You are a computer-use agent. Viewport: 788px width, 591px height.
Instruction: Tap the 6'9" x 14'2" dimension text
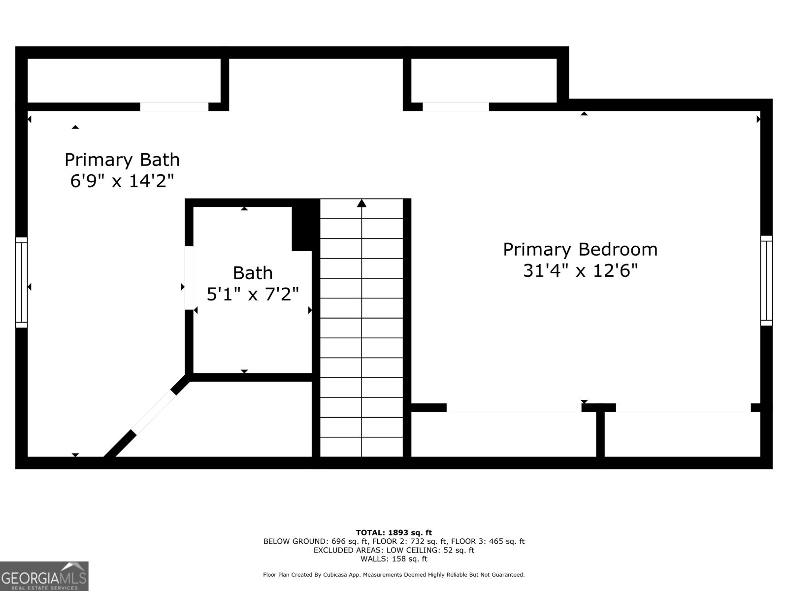(x=122, y=180)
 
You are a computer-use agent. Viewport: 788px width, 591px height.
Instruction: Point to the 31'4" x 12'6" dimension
(x=580, y=270)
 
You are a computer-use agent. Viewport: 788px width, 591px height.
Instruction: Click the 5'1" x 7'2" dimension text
(x=253, y=294)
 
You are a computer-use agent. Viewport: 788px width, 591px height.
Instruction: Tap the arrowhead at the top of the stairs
(x=361, y=203)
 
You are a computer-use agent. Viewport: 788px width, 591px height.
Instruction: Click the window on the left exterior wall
(x=22, y=282)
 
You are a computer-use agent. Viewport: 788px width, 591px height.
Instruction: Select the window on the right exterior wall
(x=766, y=281)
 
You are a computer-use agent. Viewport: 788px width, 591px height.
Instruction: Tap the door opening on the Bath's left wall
(x=189, y=278)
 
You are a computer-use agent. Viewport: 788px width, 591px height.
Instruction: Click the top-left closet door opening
(x=174, y=106)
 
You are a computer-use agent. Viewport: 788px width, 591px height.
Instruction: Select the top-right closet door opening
(x=456, y=106)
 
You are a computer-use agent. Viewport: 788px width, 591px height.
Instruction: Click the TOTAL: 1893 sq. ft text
(x=394, y=532)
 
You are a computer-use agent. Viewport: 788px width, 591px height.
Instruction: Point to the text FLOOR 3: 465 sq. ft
(x=488, y=541)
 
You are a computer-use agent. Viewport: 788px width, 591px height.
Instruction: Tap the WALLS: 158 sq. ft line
(x=394, y=558)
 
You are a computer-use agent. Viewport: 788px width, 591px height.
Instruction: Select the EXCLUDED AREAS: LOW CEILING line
(x=394, y=550)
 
